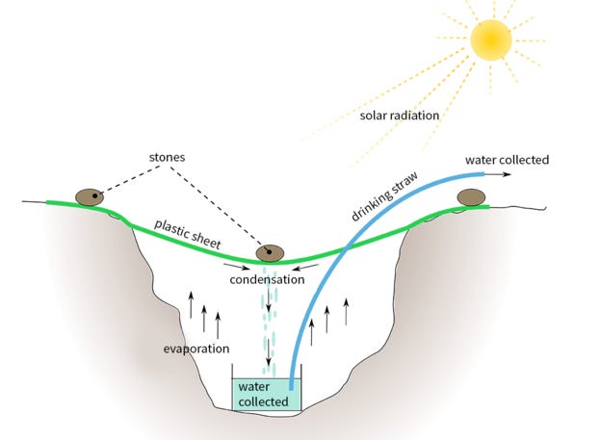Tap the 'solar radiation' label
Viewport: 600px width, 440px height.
[x=400, y=116]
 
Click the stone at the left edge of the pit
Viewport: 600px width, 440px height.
[x=91, y=196]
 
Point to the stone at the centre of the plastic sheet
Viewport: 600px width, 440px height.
[x=270, y=253]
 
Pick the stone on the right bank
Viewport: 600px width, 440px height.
[x=471, y=197]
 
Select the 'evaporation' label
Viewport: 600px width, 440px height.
[x=196, y=348]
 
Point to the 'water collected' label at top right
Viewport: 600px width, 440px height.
[x=508, y=159]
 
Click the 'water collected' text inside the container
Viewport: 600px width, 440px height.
[x=264, y=394]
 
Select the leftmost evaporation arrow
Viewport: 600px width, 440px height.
[x=191, y=306]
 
